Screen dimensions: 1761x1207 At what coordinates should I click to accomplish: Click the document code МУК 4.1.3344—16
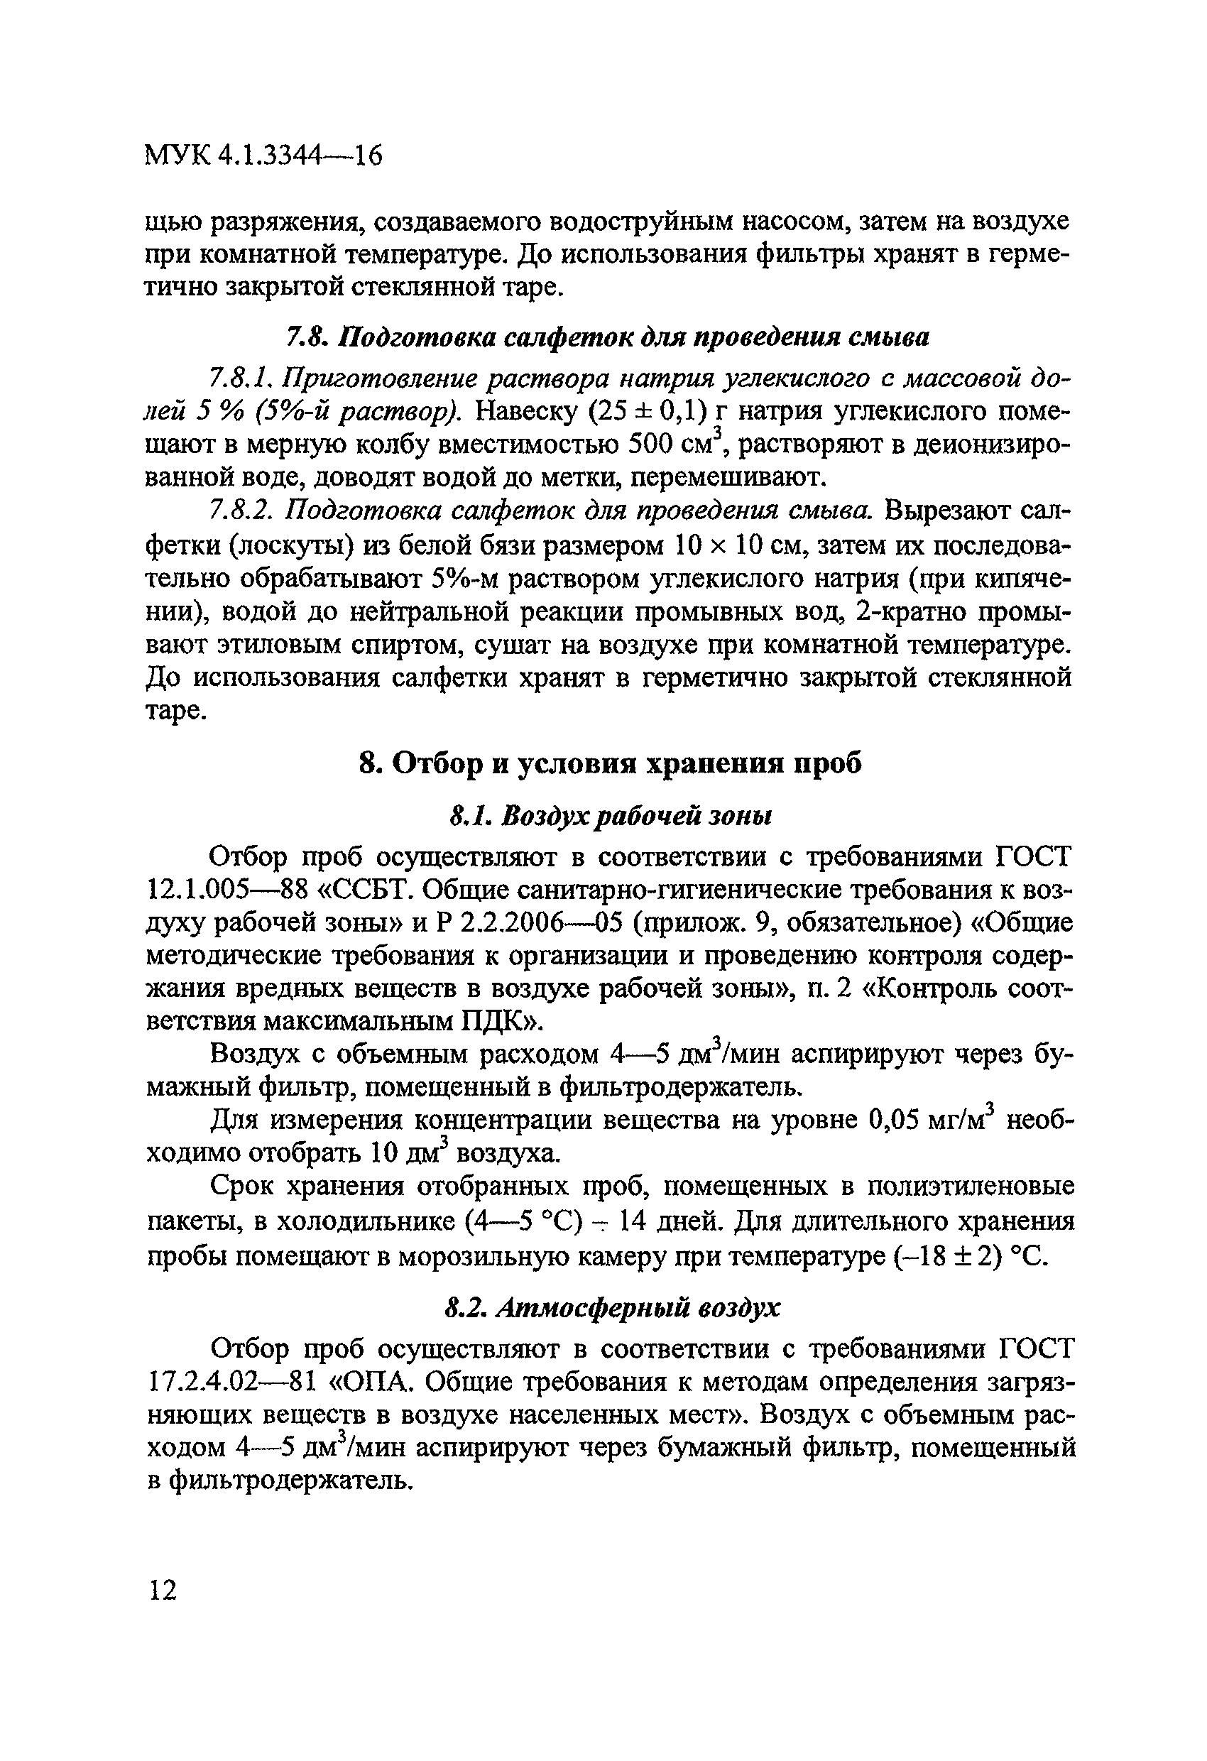click(x=263, y=156)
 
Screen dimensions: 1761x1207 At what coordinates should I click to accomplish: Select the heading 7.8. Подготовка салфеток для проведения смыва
click(x=607, y=337)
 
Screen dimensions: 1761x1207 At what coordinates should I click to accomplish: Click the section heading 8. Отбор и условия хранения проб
click(x=609, y=764)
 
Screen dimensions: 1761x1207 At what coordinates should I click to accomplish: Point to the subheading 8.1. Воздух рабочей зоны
click(x=610, y=815)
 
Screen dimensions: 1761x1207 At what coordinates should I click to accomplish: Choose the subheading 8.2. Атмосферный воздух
click(x=611, y=1307)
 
